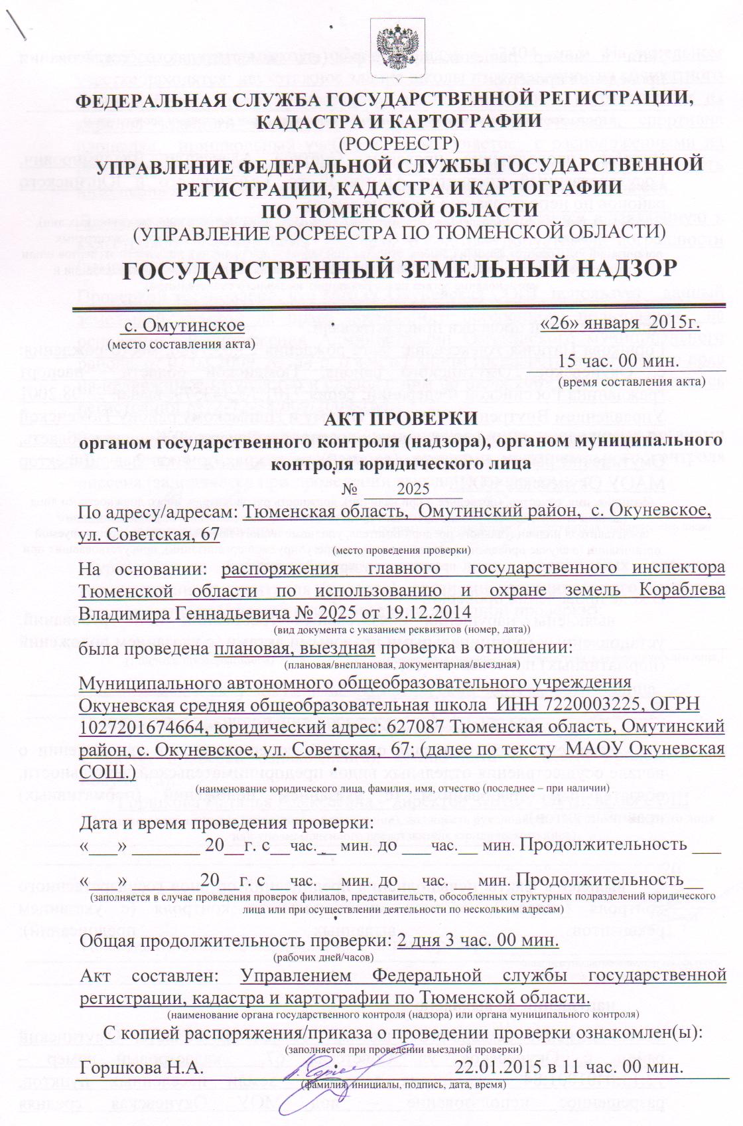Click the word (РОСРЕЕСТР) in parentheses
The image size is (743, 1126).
399,142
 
